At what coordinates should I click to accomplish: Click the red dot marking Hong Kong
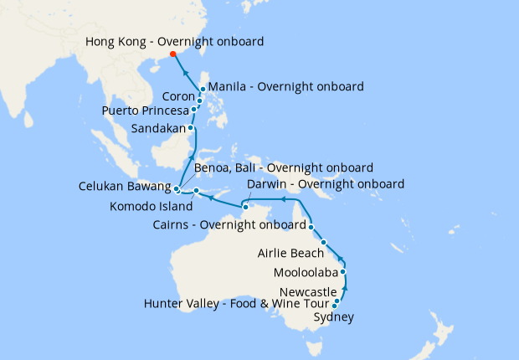(173, 54)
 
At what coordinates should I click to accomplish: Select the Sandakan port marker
(192, 128)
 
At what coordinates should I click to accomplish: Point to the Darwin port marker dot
(245, 206)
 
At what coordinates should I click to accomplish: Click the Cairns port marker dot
(311, 227)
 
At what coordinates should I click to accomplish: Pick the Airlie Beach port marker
(324, 242)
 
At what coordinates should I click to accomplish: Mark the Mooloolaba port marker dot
(342, 272)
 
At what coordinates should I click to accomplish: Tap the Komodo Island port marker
(196, 191)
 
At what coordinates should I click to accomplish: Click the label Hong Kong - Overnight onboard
(175, 41)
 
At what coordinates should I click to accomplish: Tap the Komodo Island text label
(151, 204)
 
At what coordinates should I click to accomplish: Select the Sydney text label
(333, 317)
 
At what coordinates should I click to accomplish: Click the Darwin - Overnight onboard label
(326, 184)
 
